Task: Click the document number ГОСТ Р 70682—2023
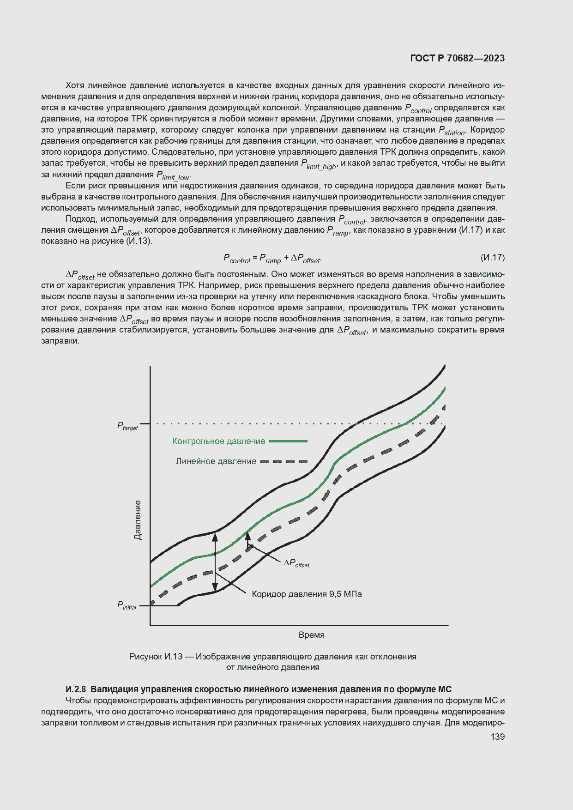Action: click(457, 58)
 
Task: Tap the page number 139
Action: click(497, 737)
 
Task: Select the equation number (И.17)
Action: click(492, 257)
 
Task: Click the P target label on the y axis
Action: click(127, 426)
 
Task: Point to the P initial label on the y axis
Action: click(127, 605)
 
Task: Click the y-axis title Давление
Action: click(138, 520)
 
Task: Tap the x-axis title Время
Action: click(311, 635)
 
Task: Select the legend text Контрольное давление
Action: click(218, 441)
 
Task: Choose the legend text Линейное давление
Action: click(216, 461)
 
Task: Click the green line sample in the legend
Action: click(288, 441)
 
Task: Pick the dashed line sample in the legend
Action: click(283, 461)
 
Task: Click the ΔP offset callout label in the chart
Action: click(296, 563)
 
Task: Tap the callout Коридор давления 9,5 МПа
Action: click(307, 594)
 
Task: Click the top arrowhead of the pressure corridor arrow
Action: click(215, 537)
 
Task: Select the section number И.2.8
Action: click(76, 689)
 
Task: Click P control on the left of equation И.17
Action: click(236, 259)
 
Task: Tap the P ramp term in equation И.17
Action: click(270, 259)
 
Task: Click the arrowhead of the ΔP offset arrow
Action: click(247, 536)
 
